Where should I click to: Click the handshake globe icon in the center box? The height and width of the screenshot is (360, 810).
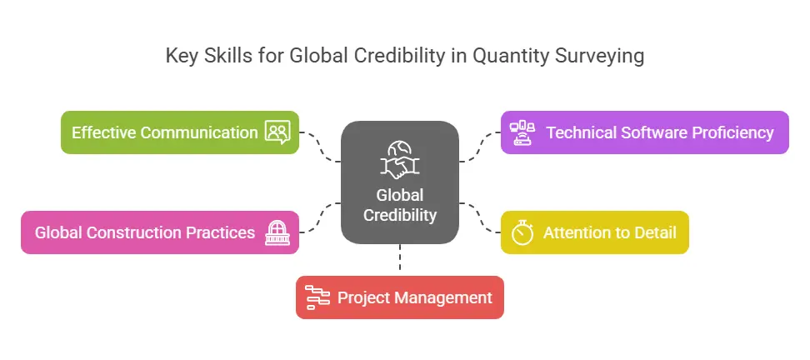coord(400,160)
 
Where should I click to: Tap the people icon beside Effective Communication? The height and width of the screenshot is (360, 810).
coord(278,132)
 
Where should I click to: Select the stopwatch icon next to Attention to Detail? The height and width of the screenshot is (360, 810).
coord(522,232)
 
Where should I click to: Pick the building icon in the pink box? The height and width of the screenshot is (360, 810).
coord(277,232)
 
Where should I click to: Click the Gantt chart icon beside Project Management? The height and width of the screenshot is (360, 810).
coord(317,297)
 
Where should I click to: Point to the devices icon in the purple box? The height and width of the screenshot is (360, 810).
coord(522,132)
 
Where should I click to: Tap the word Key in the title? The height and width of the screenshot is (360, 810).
coord(182,55)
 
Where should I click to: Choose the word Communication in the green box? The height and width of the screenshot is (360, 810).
coord(199,132)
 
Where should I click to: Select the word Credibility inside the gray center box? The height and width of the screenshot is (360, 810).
coord(400,215)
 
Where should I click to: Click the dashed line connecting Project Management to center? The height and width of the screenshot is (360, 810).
coord(400,257)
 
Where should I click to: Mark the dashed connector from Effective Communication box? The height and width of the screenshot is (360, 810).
coord(320,147)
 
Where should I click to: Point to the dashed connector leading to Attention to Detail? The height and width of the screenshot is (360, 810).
coord(480,218)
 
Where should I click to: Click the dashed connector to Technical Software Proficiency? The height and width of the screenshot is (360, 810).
coord(480,147)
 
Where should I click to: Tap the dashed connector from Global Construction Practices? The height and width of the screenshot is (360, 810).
coord(320,218)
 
